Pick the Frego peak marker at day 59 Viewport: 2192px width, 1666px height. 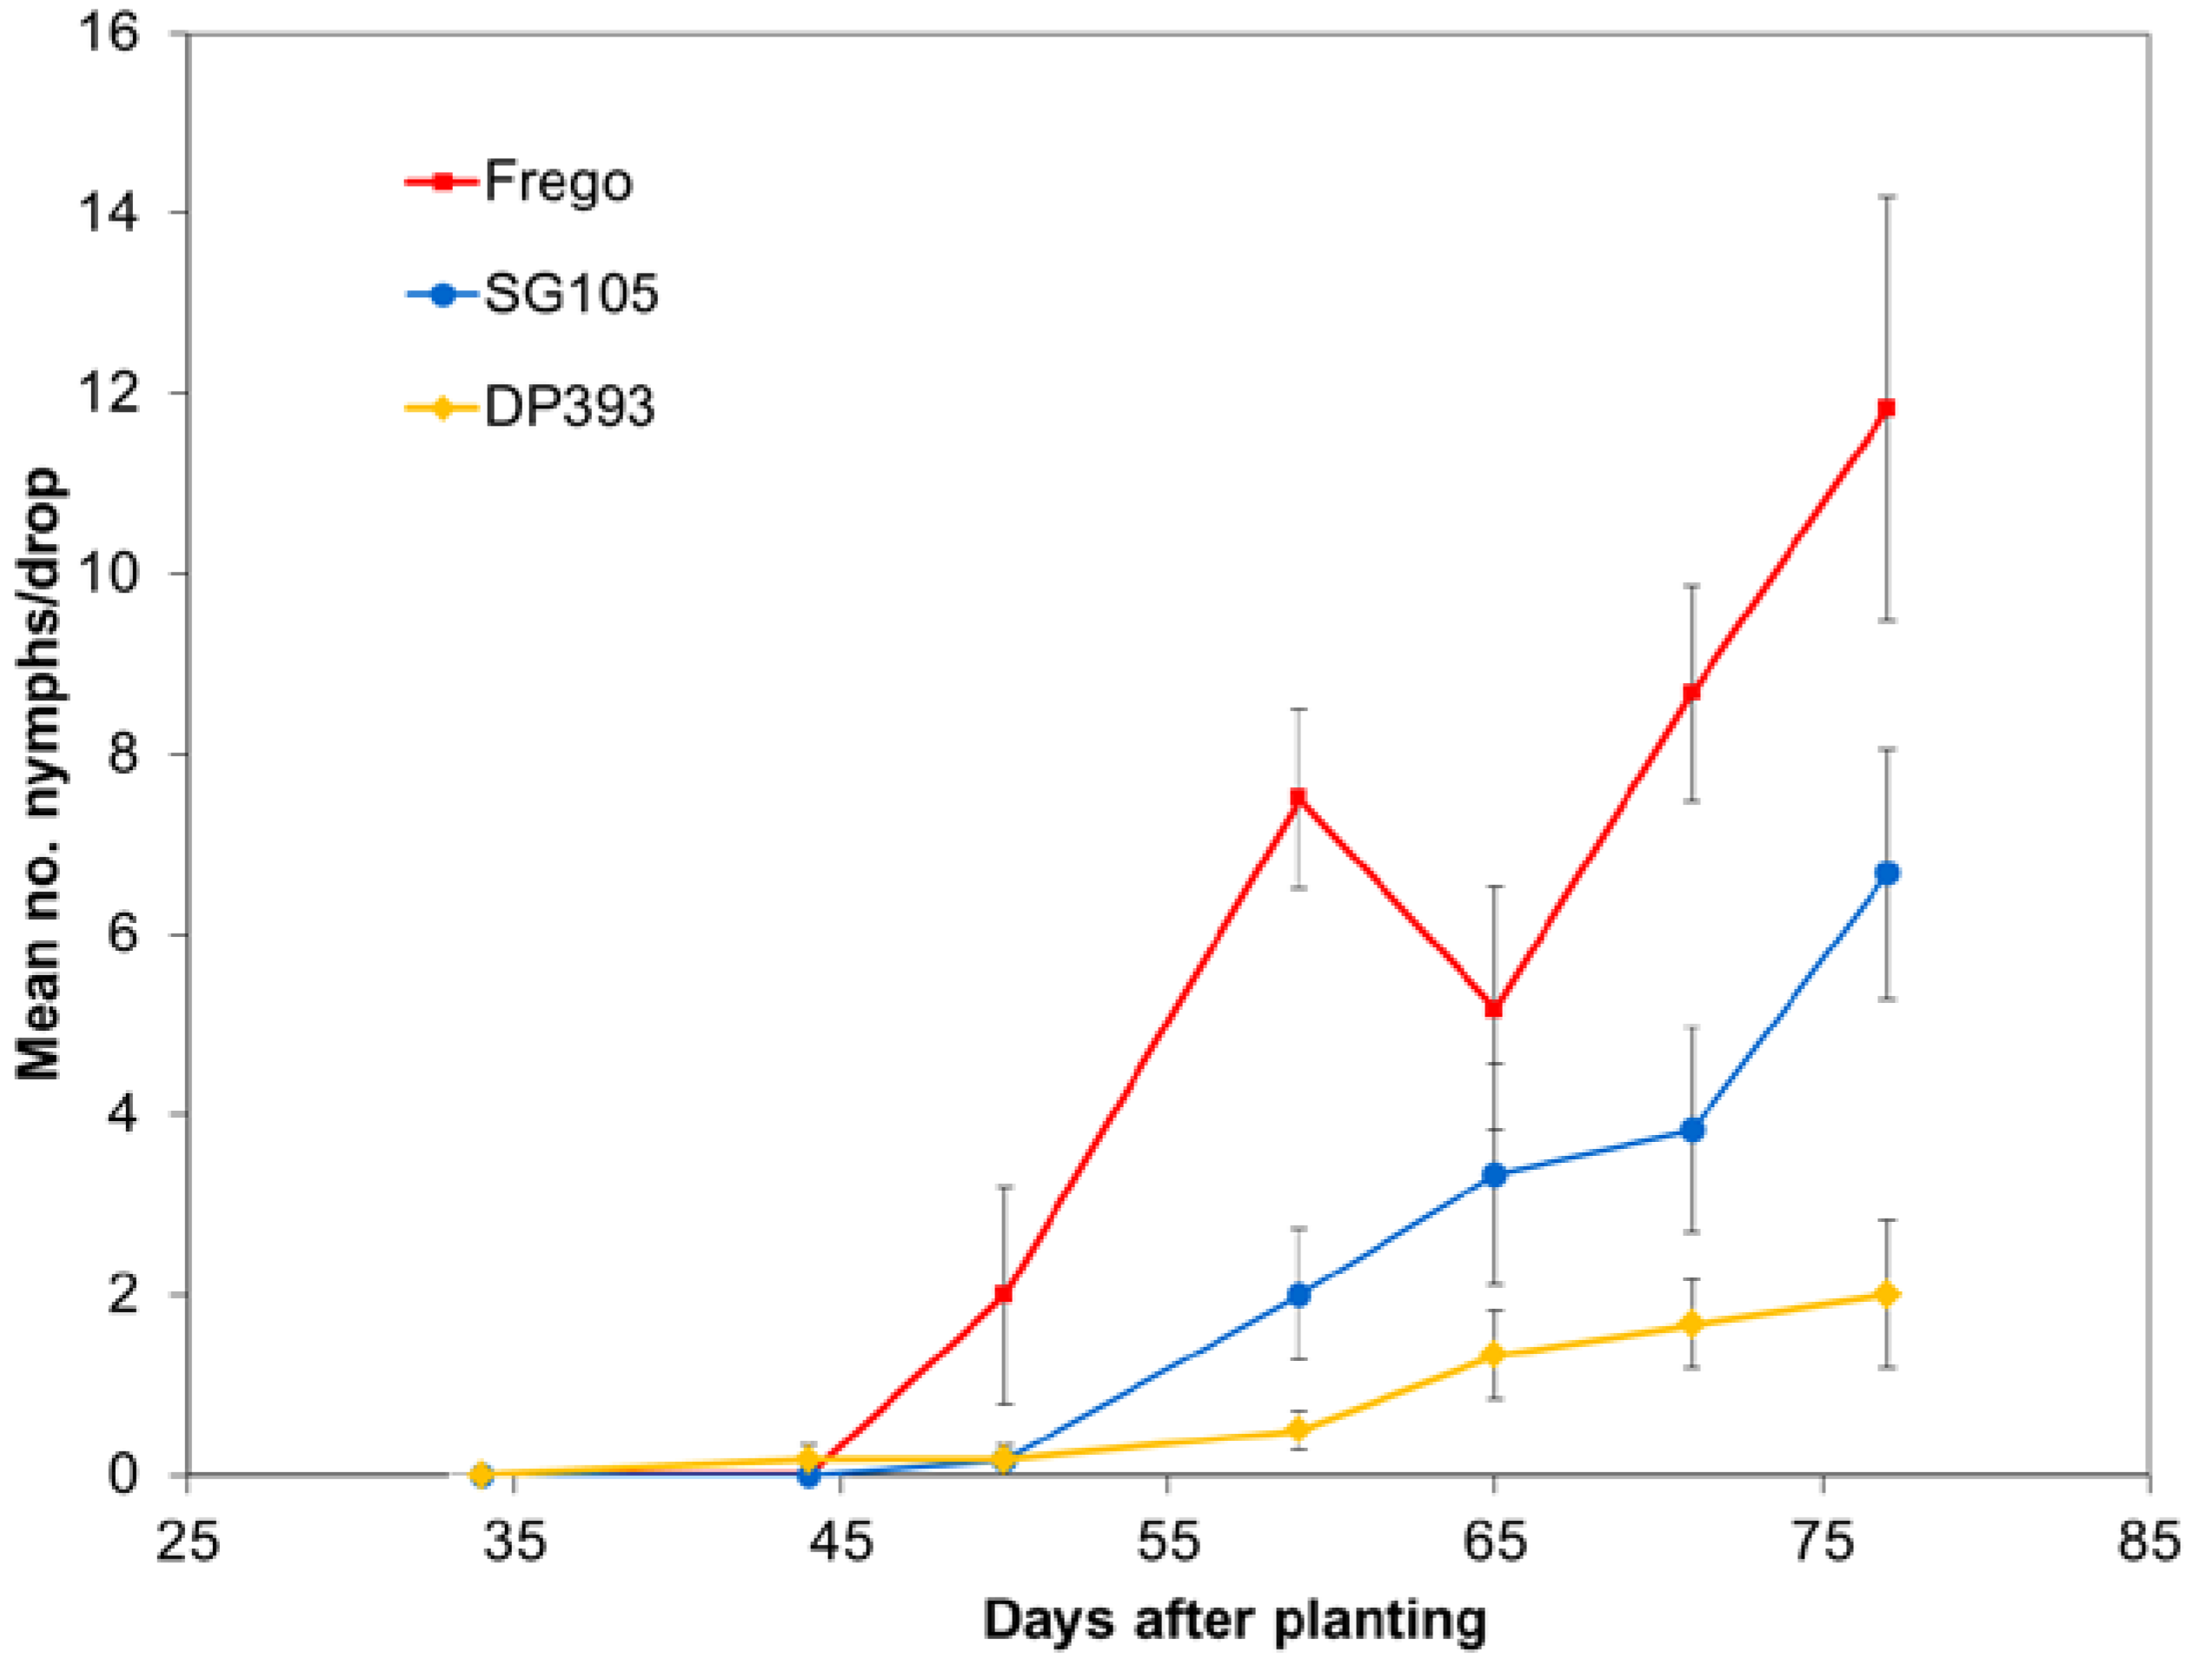[x=1298, y=796]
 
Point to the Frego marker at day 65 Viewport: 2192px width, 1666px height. [x=1494, y=1008]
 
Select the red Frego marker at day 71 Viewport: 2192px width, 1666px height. [x=1692, y=691]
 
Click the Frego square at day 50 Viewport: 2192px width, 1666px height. [x=1004, y=1294]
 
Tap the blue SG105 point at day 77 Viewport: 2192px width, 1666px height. [x=1888, y=873]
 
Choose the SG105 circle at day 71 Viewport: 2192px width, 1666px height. [x=1692, y=1130]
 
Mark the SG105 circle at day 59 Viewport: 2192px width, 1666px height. [x=1299, y=1294]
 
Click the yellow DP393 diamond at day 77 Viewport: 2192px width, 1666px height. [x=1888, y=1294]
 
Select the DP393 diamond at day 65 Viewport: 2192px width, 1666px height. [x=1494, y=1355]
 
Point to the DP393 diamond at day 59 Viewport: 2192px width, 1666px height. [x=1299, y=1430]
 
